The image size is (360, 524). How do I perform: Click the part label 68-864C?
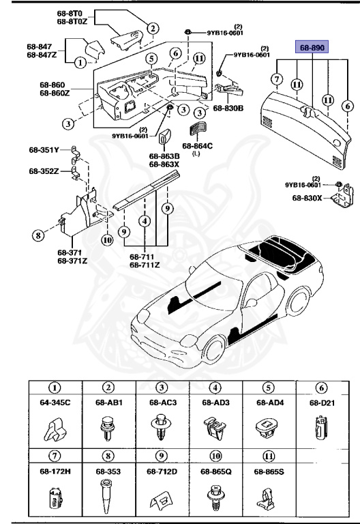pyautogui.click(x=198, y=145)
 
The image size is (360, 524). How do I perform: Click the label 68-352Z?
pyautogui.click(x=44, y=171)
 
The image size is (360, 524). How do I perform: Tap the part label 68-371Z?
pyautogui.click(x=72, y=260)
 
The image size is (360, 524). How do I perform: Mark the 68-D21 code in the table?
pyautogui.click(x=322, y=403)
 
